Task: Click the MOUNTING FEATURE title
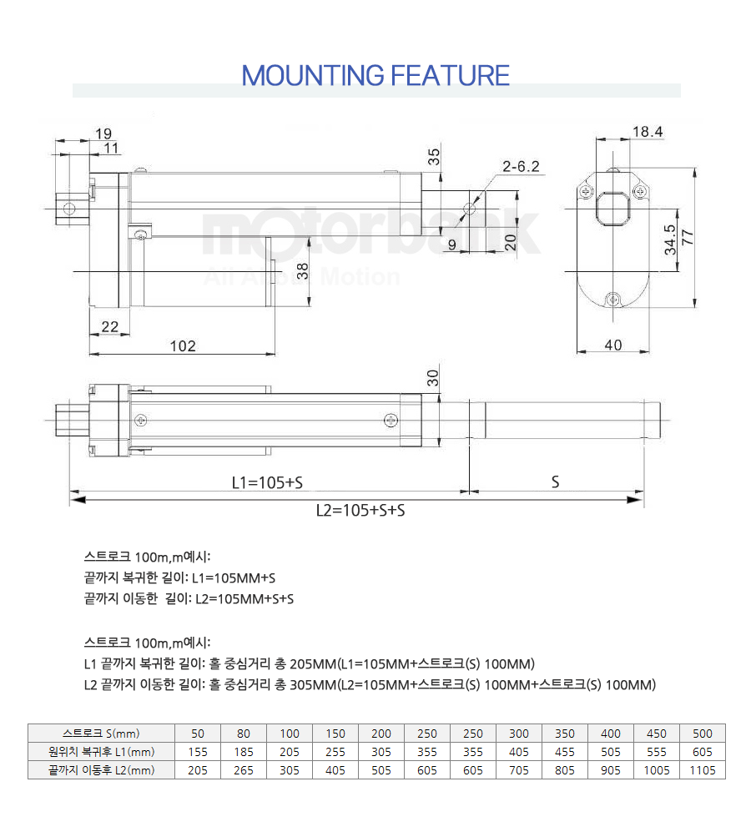tap(375, 75)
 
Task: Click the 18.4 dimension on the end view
tap(648, 131)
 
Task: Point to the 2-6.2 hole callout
tap(521, 167)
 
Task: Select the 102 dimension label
tap(183, 346)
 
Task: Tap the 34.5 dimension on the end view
tap(670, 240)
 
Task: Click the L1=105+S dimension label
tap(267, 482)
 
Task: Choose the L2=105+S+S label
tap(360, 511)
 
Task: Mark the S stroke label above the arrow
tap(555, 482)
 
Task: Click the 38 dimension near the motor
tap(302, 271)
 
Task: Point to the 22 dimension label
tap(109, 326)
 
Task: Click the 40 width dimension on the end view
tap(612, 345)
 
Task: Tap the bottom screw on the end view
tap(612, 300)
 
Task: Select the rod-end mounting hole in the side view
tap(469, 208)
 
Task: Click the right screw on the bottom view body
tap(391, 420)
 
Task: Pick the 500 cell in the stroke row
tap(702, 734)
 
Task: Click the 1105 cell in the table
tap(702, 770)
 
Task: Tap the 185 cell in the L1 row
tap(244, 752)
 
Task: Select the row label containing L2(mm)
tap(102, 770)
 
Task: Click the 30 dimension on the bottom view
tap(432, 378)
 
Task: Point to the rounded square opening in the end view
tap(612, 208)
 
